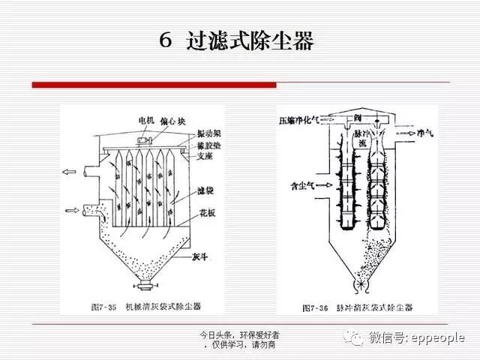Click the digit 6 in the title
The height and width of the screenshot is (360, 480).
point(166,40)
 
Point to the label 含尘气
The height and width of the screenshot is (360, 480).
point(299,182)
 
